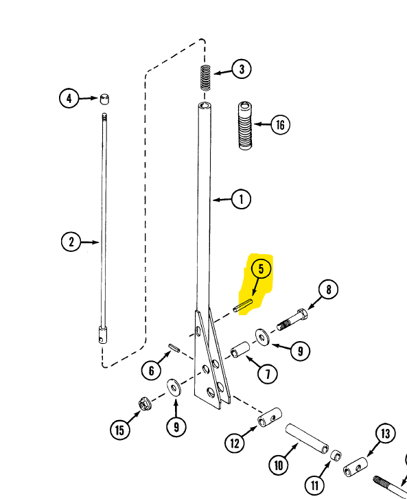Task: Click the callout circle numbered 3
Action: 242,69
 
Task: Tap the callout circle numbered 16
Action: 280,124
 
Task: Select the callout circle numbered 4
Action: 69,98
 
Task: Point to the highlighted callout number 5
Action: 261,269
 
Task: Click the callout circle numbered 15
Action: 119,430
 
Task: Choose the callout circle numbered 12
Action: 235,443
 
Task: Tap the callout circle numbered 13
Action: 385,433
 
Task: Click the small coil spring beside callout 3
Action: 206,78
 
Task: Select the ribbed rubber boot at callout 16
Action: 245,126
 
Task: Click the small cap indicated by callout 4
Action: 104,99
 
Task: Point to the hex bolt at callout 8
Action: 292,320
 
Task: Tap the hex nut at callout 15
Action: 145,404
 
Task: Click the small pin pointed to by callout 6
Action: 174,347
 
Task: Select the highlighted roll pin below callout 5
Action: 243,306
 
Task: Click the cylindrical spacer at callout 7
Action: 240,350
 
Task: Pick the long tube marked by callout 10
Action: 307,439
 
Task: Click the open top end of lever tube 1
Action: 205,105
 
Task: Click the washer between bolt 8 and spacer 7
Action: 262,337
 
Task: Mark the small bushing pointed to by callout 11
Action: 336,455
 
